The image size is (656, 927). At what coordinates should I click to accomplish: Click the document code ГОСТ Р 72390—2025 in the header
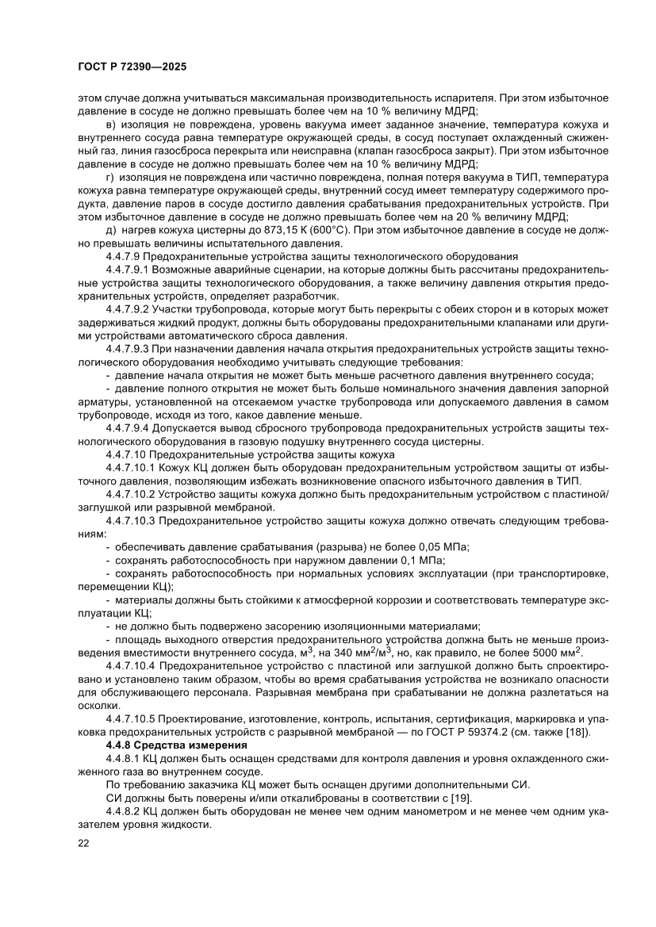click(132, 67)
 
